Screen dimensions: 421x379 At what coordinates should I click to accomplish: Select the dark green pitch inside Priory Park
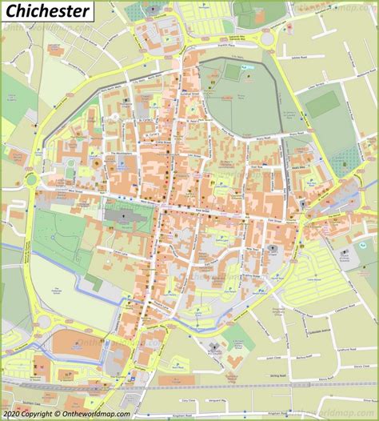point(232,72)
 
